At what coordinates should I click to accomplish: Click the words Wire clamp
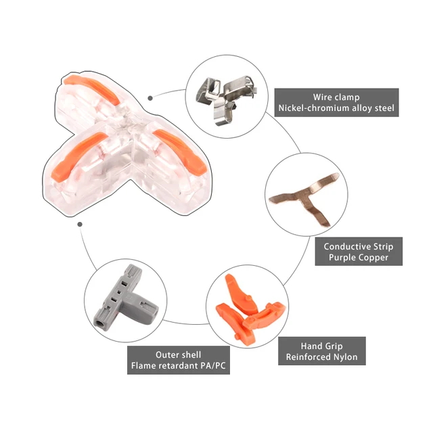click(x=336, y=97)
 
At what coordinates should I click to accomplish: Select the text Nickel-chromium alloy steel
click(x=336, y=108)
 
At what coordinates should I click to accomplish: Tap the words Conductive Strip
click(x=359, y=246)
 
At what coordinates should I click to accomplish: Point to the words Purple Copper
click(x=359, y=257)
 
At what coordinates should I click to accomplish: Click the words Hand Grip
click(x=322, y=346)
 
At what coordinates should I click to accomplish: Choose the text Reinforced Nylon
click(x=322, y=357)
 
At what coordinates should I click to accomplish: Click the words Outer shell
click(x=178, y=355)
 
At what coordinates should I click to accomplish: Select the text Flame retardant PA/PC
click(x=179, y=365)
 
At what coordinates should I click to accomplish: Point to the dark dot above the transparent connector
click(x=150, y=98)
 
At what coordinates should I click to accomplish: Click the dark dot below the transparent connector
click(x=80, y=224)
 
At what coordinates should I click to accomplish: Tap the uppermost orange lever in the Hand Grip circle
click(x=240, y=293)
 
